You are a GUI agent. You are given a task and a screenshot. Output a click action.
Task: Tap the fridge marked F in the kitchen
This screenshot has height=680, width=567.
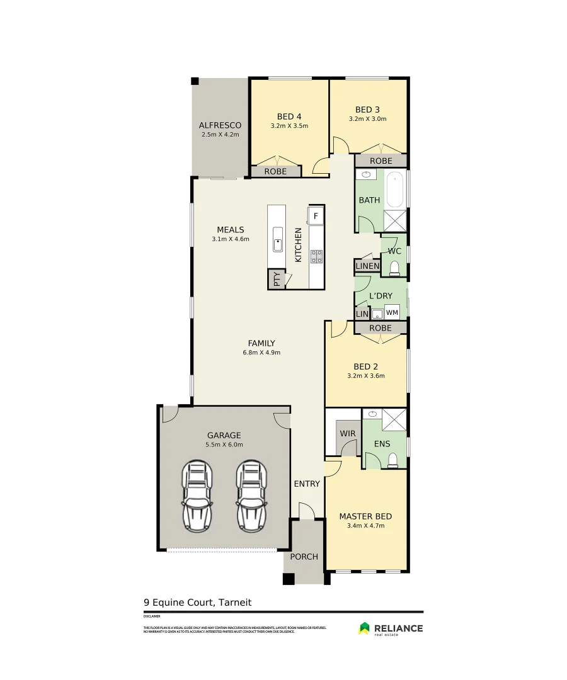[316, 216]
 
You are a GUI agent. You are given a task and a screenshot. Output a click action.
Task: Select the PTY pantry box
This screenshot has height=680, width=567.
[276, 279]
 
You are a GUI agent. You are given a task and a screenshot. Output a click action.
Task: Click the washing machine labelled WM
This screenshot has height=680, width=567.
[392, 312]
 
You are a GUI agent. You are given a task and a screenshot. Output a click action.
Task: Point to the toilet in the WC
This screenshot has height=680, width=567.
[394, 269]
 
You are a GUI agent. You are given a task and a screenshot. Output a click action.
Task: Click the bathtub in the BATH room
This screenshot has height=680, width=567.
[396, 190]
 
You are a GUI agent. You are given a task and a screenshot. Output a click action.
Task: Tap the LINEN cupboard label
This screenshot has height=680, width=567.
[367, 266]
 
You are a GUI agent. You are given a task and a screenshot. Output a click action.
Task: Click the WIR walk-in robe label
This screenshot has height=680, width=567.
[347, 434]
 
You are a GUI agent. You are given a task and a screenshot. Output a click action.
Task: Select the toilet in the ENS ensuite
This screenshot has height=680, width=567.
[393, 460]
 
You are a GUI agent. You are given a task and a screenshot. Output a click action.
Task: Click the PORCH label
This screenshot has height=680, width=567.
[304, 557]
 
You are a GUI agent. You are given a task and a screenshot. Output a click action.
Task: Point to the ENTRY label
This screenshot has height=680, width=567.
[307, 484]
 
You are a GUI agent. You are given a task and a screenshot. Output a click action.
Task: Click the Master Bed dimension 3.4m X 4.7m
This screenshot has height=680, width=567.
[365, 525]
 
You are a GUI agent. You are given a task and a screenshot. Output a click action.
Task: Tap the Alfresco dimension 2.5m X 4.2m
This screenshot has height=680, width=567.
[220, 135]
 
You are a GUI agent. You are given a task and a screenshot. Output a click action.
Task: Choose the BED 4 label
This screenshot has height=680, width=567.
[289, 116]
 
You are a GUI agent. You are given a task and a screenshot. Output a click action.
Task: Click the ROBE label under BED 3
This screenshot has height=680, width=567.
[381, 161]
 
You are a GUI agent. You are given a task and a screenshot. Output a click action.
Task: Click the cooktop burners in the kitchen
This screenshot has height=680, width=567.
[316, 256]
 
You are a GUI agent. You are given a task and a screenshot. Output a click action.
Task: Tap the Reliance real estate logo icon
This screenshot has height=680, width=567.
[364, 628]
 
